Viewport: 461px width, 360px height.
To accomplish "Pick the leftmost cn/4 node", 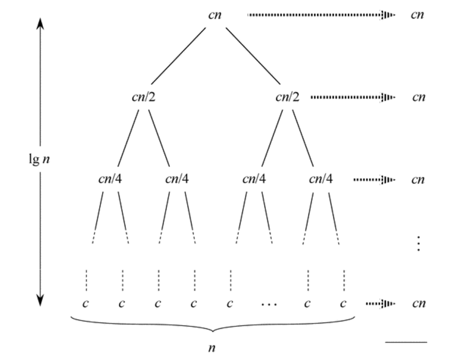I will pyautogui.click(x=111, y=179).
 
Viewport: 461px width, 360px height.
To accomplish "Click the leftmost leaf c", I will pyautogui.click(x=86, y=303).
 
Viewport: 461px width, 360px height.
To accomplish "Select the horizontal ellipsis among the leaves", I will pyautogui.click(x=269, y=304).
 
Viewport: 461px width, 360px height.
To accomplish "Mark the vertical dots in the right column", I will pyautogui.click(x=418, y=243).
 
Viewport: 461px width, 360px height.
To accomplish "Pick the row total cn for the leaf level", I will pyautogui.click(x=418, y=303).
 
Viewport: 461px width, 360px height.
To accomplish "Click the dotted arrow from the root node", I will pyautogui.click(x=321, y=15).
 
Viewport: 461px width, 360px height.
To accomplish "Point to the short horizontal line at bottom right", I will pyautogui.click(x=406, y=342).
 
